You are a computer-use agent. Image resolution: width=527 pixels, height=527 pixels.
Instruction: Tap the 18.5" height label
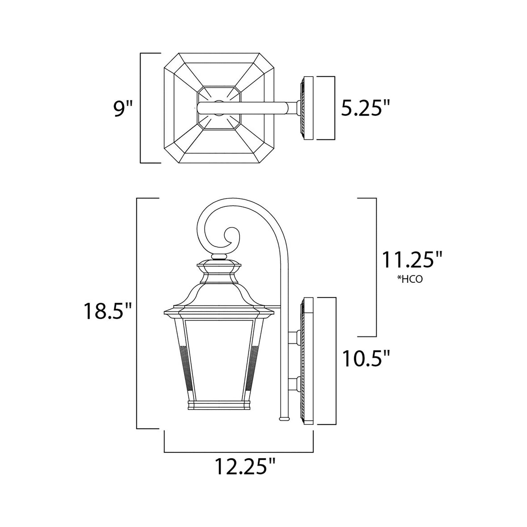click(108, 311)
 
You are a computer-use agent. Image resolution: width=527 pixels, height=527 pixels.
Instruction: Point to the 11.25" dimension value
click(412, 260)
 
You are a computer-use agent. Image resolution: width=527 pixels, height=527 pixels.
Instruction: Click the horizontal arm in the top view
click(248, 108)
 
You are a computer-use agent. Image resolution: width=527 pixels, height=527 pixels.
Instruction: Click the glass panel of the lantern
click(219, 357)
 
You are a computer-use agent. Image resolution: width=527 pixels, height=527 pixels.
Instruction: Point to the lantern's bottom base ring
click(219, 405)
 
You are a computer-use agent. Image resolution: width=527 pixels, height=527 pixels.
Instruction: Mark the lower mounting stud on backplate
click(294, 383)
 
